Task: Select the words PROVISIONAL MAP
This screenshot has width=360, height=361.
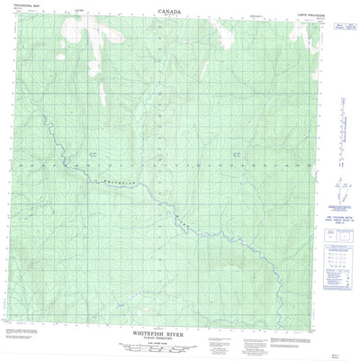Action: click(29, 12)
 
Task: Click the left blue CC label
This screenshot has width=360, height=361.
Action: click(94, 132)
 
